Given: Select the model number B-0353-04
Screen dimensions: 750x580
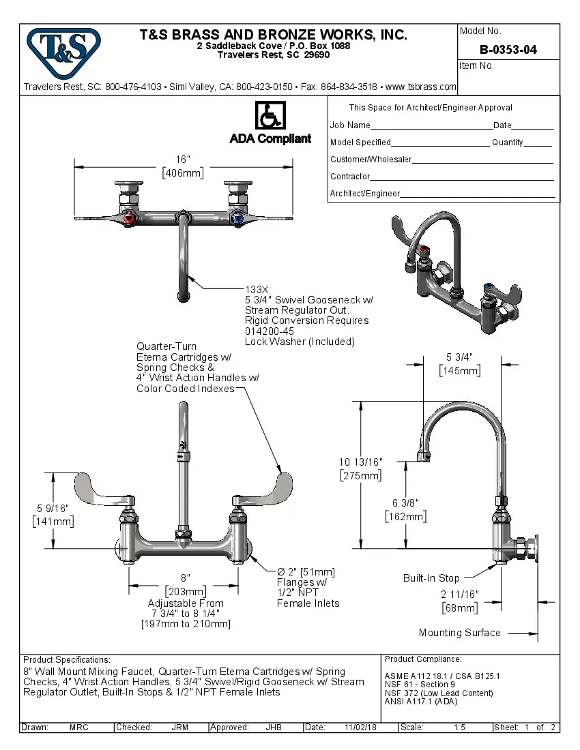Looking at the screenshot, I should (508, 50).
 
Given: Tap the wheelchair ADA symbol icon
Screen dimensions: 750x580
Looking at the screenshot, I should (270, 115).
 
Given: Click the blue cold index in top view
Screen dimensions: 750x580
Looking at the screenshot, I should (237, 219).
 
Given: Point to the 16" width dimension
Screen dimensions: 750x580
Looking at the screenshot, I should (183, 160).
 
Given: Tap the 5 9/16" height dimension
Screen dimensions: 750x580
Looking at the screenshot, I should (53, 508).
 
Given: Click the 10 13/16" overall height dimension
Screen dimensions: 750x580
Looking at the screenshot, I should (360, 462).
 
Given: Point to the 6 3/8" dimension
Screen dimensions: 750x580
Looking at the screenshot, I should (405, 503).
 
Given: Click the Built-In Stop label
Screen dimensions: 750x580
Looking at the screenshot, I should (431, 578).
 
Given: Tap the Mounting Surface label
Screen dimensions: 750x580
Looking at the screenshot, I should (459, 633).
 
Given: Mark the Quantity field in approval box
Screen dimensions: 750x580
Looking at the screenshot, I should (538, 142).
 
